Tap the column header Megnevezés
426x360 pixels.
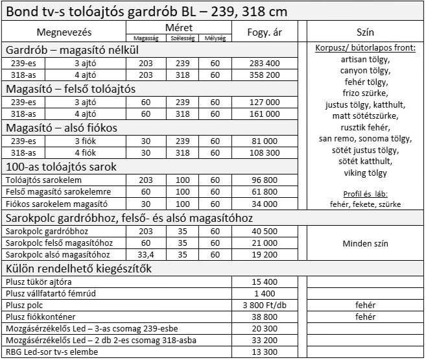(x=64, y=32)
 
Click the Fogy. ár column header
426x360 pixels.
(x=264, y=32)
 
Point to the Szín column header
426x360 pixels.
(x=365, y=32)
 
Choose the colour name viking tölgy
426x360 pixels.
(x=365, y=173)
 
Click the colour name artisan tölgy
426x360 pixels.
(x=365, y=59)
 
